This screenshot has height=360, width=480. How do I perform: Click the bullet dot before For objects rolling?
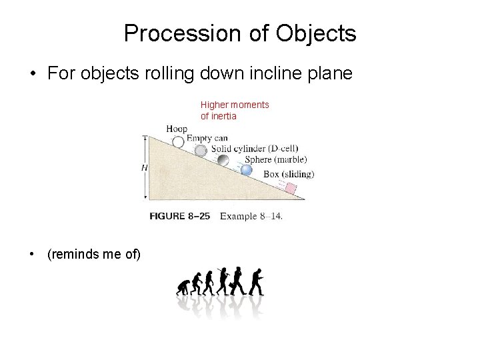tap(33, 74)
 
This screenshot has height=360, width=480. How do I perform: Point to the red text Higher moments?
tap(235, 105)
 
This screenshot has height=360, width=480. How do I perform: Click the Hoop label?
tap(177, 128)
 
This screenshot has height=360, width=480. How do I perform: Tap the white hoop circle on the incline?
tap(178, 141)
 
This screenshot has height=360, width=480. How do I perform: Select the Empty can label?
tap(207, 138)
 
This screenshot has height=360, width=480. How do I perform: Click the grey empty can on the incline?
tap(201, 151)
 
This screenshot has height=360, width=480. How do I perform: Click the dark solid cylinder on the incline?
tap(223, 161)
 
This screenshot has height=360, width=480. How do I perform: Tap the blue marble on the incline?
tap(247, 170)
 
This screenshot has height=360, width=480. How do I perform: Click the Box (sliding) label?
tap(289, 174)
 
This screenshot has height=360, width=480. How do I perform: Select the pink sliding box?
tap(291, 189)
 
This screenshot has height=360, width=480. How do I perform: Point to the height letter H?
tap(144, 168)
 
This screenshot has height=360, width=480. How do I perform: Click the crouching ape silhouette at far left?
tap(181, 288)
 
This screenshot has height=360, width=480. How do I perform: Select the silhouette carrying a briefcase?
tap(237, 281)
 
